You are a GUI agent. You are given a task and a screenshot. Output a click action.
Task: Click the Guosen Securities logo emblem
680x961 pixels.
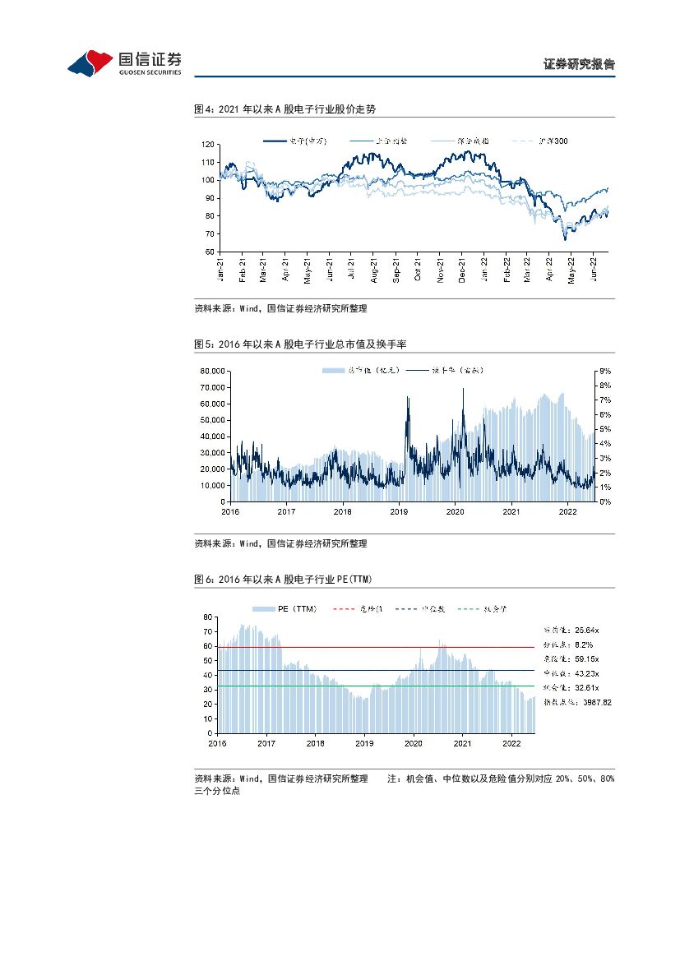click(x=90, y=62)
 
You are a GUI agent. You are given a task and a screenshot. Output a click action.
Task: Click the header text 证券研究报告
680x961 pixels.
click(x=580, y=64)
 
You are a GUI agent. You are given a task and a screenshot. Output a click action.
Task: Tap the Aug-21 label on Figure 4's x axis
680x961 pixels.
click(x=374, y=270)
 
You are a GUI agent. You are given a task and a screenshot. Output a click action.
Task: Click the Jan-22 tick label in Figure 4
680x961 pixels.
click(x=485, y=270)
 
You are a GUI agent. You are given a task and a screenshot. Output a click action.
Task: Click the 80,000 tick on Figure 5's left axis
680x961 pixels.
click(x=214, y=372)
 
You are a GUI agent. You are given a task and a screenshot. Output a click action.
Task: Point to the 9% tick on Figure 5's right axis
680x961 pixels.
click(x=604, y=372)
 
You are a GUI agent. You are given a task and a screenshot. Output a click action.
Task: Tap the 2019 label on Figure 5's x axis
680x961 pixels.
click(x=399, y=511)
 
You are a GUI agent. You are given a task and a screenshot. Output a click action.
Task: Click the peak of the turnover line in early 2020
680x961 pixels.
click(x=463, y=389)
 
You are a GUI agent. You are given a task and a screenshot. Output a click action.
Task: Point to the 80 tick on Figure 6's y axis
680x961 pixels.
click(x=209, y=616)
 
